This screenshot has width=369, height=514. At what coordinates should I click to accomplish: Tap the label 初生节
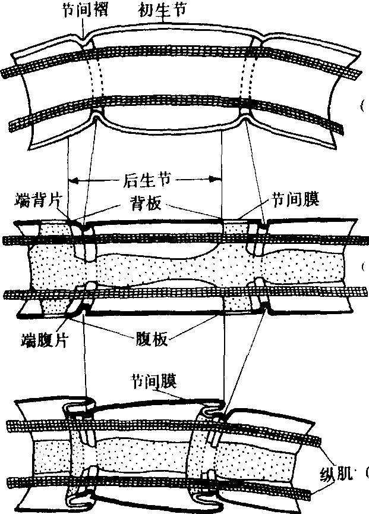point(160,10)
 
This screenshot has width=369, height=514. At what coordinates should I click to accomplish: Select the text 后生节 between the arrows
point(146,179)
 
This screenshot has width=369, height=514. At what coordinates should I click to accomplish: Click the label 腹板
point(149,339)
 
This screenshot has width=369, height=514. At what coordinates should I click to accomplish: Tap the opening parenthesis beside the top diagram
point(361,107)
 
